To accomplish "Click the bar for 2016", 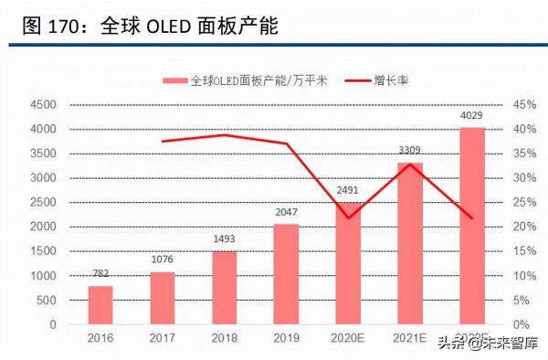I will point(100,305).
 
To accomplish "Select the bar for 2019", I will point(286,274).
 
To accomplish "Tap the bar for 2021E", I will point(410,243).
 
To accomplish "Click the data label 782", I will point(100,272).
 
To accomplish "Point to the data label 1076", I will point(163,259).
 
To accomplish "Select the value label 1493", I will point(225,238).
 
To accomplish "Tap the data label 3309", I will point(410,150).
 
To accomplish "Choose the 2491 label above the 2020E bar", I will point(348,190).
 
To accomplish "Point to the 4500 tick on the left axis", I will point(43,105).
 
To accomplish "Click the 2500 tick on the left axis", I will point(43,203).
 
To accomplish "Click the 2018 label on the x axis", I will point(225,339).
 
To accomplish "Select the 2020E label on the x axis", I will point(348,339).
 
